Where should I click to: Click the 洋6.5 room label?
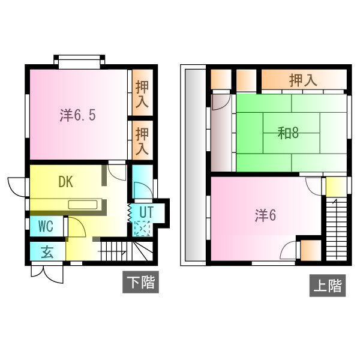[77, 115]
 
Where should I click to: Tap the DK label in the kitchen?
[66, 182]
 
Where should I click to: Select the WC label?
[47, 227]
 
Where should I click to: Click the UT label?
[145, 212]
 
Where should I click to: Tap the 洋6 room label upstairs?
[265, 216]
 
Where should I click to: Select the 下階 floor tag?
[140, 282]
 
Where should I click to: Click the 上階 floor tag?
[328, 286]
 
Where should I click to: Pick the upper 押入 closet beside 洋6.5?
[142, 94]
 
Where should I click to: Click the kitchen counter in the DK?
[86, 204]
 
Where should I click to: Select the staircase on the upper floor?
[337, 227]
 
